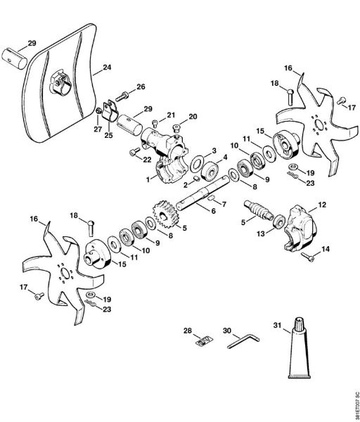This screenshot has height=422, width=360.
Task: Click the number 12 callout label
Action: click(x=323, y=205)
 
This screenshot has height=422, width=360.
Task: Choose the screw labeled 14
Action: click(x=309, y=257)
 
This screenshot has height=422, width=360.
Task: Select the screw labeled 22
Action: click(x=135, y=150)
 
